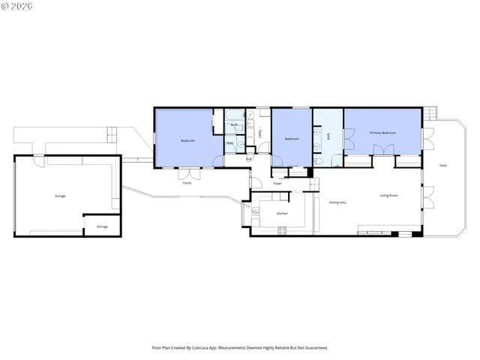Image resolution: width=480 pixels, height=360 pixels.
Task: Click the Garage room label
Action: (60, 196)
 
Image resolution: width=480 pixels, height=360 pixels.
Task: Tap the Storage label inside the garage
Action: (102, 226)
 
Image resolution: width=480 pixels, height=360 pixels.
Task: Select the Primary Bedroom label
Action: (382, 133)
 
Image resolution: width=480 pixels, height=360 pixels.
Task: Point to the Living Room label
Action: (388, 196)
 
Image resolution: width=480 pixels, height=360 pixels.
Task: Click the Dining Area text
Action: (337, 202)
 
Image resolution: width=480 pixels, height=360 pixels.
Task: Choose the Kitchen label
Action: (282, 213)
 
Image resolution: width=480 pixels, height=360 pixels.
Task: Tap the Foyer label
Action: (277, 183)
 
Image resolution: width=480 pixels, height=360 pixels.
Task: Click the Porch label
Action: (187, 183)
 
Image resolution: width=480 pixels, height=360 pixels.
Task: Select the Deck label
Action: (443, 165)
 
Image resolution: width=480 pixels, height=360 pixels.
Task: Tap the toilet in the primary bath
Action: (319, 161)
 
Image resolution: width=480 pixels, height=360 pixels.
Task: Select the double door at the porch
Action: (187, 175)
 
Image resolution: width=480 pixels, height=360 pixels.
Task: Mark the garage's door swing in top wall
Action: (37, 158)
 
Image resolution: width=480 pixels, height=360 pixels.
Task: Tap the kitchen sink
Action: (256, 212)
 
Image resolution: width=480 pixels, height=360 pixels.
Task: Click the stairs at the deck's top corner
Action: (430, 114)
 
